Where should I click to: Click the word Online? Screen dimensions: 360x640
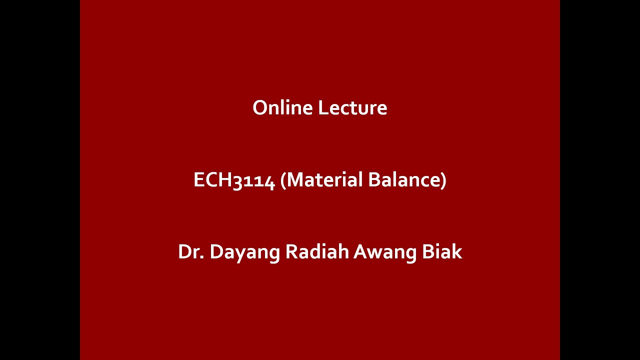pos(283,108)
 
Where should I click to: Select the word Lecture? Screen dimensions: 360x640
pos(352,108)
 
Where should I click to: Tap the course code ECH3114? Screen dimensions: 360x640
pos(234,180)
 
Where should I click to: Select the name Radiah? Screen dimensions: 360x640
pos(317,252)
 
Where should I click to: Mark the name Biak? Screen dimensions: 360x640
pos(442,252)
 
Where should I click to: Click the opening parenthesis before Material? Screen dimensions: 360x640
pos(283,180)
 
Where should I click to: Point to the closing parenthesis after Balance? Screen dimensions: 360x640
pos(443,180)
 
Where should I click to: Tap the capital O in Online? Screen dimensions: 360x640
pos(259,108)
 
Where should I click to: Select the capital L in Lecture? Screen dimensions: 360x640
pos(321,108)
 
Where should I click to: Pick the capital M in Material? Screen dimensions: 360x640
pos(295,180)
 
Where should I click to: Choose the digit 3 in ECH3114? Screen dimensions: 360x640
pos(238,181)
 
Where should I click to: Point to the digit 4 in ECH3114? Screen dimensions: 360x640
pos(270,181)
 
